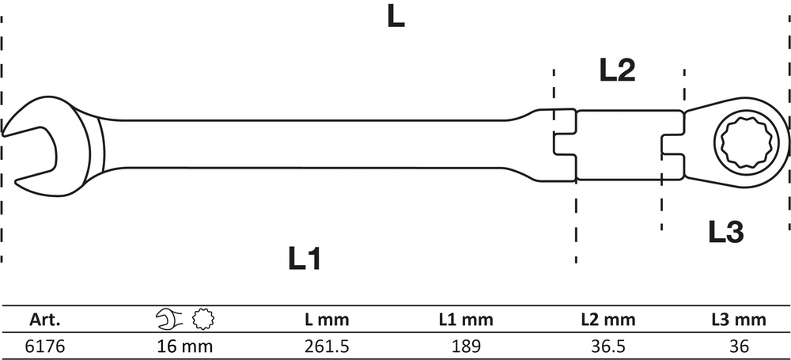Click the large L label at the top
396,17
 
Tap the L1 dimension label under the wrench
305,258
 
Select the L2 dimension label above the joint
617,70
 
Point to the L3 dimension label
726,233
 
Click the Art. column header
45,319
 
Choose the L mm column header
327,319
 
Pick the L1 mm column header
466,319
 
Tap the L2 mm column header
607,319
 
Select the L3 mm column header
739,319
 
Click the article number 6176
45,347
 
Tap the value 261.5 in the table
327,347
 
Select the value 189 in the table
466,347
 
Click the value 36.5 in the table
607,347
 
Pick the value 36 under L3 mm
739,347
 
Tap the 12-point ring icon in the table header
203,319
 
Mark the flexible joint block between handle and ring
619,145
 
